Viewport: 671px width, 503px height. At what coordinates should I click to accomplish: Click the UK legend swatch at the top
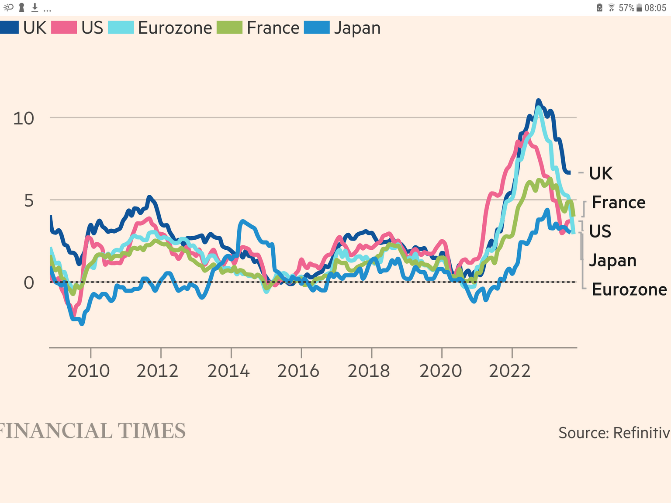coord(9,28)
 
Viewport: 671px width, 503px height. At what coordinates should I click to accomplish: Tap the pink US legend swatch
coord(64,28)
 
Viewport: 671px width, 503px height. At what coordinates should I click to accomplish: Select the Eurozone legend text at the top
coord(175,28)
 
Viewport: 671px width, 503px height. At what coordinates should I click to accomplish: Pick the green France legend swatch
coord(229,28)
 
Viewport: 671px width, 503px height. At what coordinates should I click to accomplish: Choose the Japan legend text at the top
coord(357,28)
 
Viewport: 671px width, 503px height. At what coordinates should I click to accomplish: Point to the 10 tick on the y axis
coord(24,118)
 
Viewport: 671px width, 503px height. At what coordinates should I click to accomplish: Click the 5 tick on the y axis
coord(29,201)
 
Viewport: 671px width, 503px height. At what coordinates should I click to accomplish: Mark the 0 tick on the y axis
coord(29,283)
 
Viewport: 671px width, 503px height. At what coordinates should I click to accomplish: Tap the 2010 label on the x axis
coord(89,371)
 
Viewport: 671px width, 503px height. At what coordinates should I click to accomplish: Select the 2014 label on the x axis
coord(228,371)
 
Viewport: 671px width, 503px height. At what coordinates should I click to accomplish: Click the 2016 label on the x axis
coord(298,371)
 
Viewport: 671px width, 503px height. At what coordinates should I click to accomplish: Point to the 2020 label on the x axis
coord(440,371)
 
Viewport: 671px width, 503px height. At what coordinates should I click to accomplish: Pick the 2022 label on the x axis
coord(510,371)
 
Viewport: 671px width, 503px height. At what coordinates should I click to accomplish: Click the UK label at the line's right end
coord(601,173)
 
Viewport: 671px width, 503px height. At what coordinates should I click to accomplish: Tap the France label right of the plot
coord(619,203)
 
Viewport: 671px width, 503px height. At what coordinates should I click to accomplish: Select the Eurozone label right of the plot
coord(629,289)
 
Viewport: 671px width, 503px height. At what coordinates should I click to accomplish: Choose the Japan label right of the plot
coord(612,261)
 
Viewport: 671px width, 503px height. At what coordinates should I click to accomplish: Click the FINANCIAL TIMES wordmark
coord(93,431)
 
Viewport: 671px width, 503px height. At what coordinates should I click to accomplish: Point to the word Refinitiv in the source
coord(641,433)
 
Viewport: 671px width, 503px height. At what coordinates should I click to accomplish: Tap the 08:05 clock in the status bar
coord(655,8)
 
